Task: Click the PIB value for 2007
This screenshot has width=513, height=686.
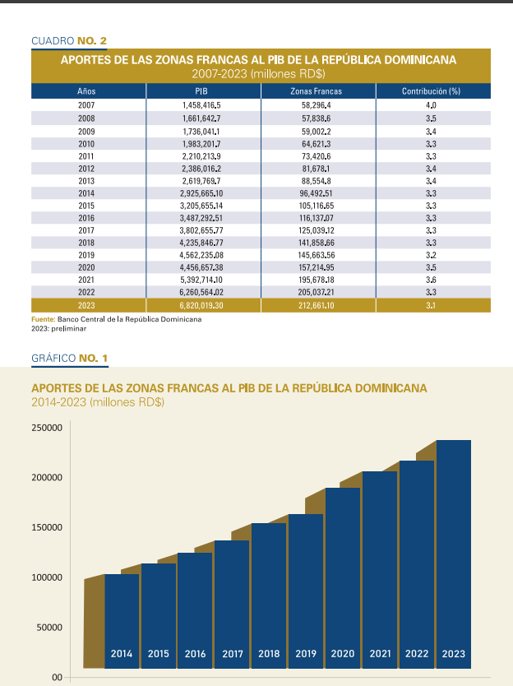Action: [x=203, y=106]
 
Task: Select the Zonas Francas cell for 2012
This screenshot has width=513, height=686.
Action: [x=317, y=169]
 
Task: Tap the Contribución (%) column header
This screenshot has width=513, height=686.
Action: [x=431, y=90]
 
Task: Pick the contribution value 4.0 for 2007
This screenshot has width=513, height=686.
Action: [x=431, y=106]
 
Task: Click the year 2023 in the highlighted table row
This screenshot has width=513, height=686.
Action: [x=86, y=305]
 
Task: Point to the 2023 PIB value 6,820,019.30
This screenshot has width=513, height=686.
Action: [x=203, y=305]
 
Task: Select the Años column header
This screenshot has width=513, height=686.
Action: [x=86, y=90]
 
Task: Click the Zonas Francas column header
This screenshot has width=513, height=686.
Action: [x=317, y=90]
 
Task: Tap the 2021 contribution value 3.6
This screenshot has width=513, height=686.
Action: [x=431, y=280]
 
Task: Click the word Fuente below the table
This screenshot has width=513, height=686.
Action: [x=42, y=319]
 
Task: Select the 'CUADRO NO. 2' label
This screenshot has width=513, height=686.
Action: [x=69, y=40]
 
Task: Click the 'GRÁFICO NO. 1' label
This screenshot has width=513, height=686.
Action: [x=69, y=359]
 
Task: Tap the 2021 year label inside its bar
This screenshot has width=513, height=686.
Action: [x=380, y=654]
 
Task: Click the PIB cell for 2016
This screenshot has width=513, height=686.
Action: [x=203, y=218]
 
